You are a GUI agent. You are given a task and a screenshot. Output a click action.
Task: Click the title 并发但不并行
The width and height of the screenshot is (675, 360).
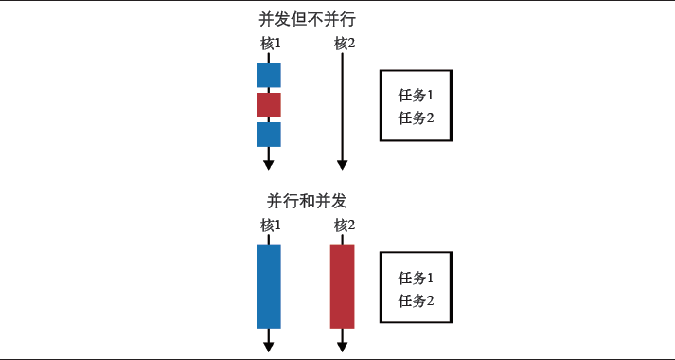point(307,19)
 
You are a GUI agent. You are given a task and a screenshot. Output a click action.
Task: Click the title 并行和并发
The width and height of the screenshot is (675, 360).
point(307,201)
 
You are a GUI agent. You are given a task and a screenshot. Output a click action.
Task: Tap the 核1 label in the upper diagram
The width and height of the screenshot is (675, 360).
point(270,44)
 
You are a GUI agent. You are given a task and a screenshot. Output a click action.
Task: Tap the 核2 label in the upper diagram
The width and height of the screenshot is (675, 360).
point(344,44)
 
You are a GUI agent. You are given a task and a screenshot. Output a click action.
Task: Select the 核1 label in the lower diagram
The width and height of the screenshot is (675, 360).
point(270,225)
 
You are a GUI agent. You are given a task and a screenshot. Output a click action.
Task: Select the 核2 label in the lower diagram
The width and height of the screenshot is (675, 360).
point(344,225)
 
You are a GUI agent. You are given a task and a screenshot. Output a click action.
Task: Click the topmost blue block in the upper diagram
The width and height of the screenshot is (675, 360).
point(269,75)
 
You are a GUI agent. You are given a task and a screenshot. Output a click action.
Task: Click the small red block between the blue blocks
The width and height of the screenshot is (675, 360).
point(269,104)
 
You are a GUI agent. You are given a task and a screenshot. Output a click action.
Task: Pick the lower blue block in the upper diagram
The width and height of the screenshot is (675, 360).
point(269,134)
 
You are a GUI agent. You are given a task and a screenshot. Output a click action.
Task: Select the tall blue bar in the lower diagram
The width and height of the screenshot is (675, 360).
point(269,286)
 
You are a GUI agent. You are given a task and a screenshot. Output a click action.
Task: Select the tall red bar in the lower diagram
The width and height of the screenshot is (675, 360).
point(342,286)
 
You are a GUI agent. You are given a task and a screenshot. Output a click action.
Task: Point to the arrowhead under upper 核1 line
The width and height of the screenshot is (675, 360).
point(269,164)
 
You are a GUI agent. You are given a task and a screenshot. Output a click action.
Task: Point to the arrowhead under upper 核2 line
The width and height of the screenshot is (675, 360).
point(341,164)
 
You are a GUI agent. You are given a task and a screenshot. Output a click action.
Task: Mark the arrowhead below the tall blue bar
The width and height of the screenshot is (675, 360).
point(269,346)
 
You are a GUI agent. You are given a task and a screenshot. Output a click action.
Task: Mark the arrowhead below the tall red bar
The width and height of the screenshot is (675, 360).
point(342,346)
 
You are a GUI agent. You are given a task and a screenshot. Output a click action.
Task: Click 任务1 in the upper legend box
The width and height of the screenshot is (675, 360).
point(416,96)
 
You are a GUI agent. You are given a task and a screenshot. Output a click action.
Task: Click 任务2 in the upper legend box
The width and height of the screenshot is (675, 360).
point(416,117)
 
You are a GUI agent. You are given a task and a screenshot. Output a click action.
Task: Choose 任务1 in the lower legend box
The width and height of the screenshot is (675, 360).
point(416,279)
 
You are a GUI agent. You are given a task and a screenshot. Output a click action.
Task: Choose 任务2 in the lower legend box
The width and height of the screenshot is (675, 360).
point(416,300)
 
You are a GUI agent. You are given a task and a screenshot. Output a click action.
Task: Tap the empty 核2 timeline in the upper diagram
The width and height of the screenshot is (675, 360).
point(341,104)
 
